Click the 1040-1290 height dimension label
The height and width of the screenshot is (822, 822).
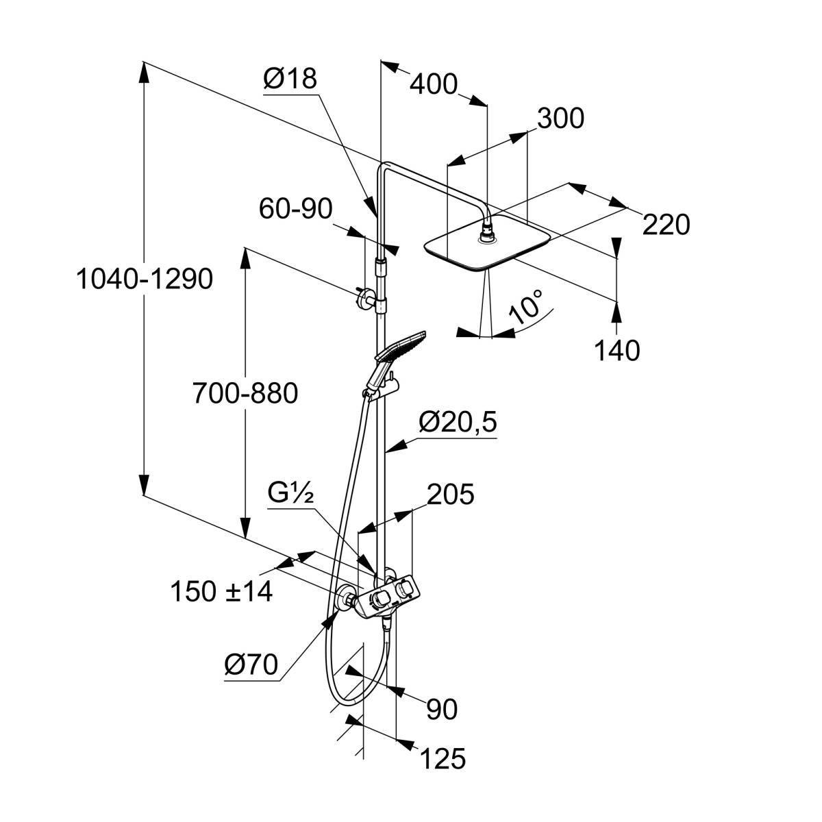point(145,279)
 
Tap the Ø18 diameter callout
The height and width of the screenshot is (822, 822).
point(290,79)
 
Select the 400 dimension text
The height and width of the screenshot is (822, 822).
point(433,84)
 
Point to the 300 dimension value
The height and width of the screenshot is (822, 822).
point(560,119)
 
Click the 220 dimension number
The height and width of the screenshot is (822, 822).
point(665,224)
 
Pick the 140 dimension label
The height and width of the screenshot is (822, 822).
point(616,350)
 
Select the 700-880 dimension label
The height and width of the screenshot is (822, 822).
point(245,394)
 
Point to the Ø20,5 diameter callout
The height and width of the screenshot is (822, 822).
point(458,423)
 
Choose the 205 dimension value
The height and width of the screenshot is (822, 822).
point(450,494)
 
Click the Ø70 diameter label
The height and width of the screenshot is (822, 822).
point(251,664)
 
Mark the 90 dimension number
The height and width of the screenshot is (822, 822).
point(441,710)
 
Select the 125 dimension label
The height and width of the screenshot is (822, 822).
point(442,758)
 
